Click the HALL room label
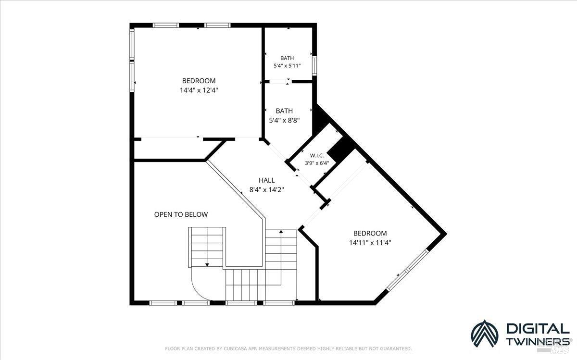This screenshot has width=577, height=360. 266,180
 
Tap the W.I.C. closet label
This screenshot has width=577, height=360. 317,156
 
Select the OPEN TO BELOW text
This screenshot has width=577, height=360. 181,214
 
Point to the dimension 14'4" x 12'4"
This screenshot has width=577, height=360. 199,90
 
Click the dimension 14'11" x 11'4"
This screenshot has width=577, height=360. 370,243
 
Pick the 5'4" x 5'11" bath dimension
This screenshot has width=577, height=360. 287,66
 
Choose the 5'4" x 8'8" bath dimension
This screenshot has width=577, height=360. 284,120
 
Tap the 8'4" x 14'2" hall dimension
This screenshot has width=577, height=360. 266,190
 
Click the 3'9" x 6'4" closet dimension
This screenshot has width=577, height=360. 317,163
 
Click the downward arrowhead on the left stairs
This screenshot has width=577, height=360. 207,265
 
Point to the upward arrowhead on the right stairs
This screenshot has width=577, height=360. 281,232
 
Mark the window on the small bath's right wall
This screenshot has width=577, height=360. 314,66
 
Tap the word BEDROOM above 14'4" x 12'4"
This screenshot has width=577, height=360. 199,81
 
